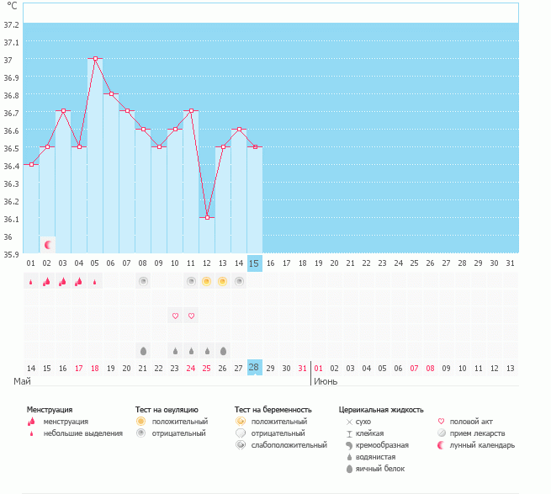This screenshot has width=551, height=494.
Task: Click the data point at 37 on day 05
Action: click(x=95, y=59)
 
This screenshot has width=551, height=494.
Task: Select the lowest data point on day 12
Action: click(x=207, y=217)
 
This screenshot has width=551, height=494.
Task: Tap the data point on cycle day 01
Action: click(x=31, y=164)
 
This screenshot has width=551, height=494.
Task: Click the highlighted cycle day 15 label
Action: click(x=254, y=263)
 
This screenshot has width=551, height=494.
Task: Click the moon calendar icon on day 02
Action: click(x=48, y=245)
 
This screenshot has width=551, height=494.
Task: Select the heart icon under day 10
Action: click(x=175, y=316)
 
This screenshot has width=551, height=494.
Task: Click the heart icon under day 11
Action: click(x=191, y=316)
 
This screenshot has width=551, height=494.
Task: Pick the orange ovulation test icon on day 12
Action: click(x=207, y=281)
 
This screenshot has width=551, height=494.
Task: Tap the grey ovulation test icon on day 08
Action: click(x=143, y=281)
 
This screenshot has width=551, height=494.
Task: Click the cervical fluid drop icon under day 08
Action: click(x=143, y=350)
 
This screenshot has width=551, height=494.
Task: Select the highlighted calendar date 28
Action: click(x=254, y=368)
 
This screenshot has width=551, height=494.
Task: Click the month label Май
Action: click(x=23, y=382)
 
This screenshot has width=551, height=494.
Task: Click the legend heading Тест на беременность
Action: click(x=273, y=409)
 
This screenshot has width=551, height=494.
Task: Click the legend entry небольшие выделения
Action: click(x=82, y=433)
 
